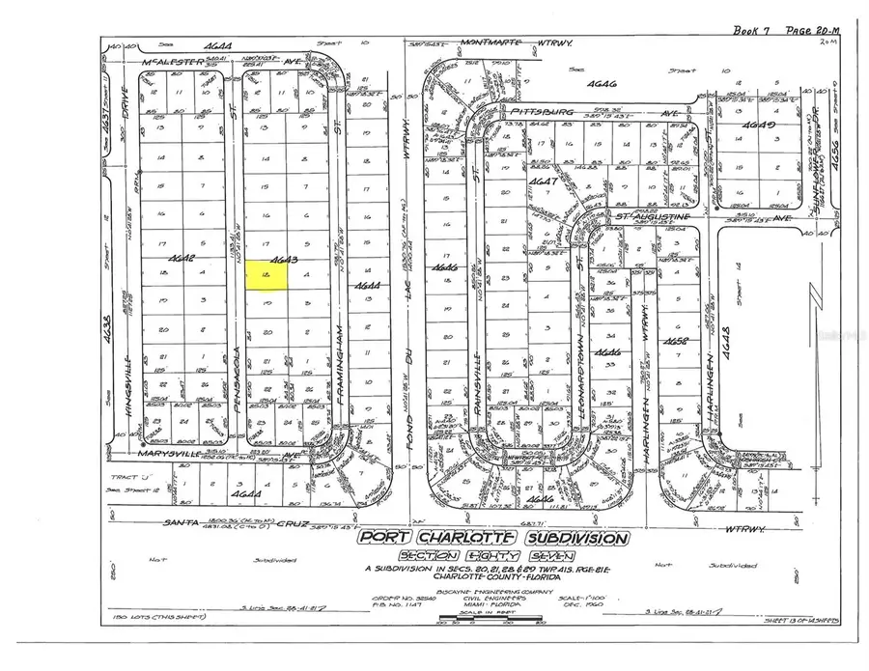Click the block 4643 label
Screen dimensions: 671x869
tap(282, 260)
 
